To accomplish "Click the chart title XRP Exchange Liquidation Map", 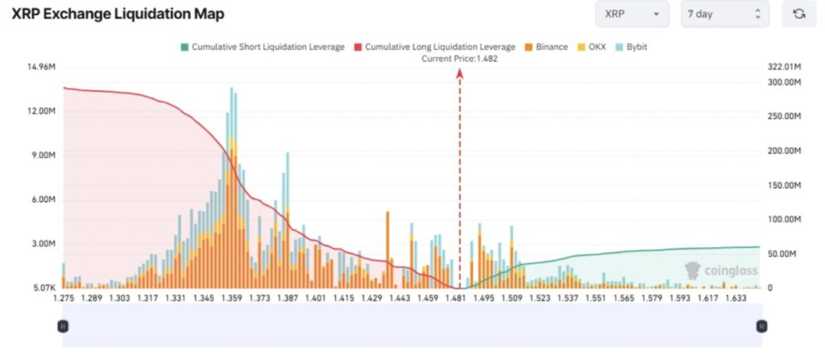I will tap(118, 14).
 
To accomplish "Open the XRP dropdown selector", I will tap(632, 14).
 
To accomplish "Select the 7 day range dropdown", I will tap(724, 14).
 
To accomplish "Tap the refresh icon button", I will tap(798, 14).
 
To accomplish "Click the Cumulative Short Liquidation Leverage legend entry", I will tap(263, 47).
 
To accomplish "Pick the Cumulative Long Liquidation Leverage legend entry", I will tap(434, 47).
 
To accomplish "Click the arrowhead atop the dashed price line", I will tap(460, 72).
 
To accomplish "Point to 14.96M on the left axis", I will tap(41, 66).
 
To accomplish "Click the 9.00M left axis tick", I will tap(41, 155).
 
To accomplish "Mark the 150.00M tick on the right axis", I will tap(784, 185).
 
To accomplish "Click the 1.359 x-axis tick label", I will tap(232, 298).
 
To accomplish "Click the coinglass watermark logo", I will tap(720, 271).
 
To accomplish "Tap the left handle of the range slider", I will tap(63, 326).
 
